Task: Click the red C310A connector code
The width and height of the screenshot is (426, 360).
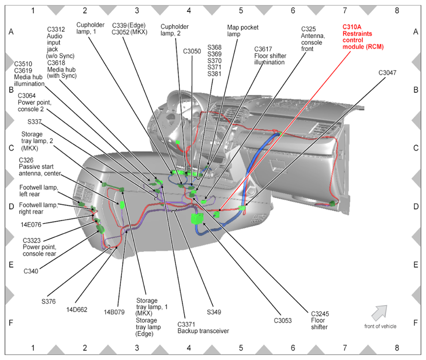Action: [x=352, y=27]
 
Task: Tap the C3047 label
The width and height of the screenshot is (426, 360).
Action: [x=387, y=73]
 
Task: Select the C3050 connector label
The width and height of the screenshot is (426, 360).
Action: [x=192, y=51]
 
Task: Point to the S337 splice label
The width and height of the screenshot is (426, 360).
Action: [x=35, y=121]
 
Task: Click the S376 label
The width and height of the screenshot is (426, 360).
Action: [x=48, y=301]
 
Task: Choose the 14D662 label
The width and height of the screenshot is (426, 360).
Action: [x=77, y=310]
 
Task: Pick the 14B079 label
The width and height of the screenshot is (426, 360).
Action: [x=114, y=312]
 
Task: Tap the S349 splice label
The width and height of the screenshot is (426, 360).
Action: [x=214, y=312]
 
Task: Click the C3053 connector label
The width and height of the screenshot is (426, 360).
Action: [x=283, y=320]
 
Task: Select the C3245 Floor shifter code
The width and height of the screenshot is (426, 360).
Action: [x=320, y=314]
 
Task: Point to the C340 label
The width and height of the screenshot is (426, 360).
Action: [x=31, y=271]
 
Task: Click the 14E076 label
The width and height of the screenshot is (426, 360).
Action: [x=31, y=225]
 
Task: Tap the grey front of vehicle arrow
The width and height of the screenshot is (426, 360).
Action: [x=380, y=313]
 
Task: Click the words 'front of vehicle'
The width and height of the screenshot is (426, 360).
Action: [x=381, y=326]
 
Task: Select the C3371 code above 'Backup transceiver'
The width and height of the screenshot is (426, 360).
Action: [x=186, y=324]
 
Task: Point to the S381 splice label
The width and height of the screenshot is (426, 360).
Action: [x=214, y=74]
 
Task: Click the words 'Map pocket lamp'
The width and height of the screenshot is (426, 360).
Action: [x=243, y=31]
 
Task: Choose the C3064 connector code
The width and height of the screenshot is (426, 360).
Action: [x=27, y=96]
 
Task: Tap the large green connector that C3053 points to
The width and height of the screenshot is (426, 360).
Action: [x=198, y=219]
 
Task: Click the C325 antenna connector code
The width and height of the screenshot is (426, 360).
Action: [x=308, y=29]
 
